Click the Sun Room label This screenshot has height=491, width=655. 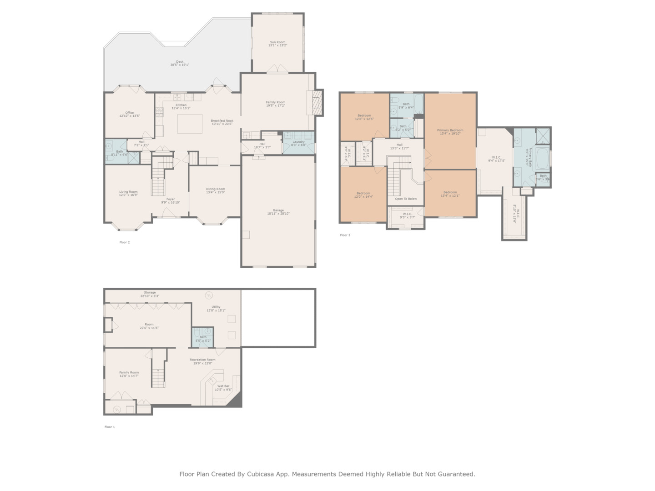coord(277,42)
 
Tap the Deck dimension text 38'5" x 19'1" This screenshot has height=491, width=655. coord(180,65)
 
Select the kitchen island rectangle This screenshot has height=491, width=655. coord(190,124)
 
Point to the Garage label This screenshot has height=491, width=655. coord(278,210)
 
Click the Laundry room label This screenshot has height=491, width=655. coord(298,142)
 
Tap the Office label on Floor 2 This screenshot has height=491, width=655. coord(130,113)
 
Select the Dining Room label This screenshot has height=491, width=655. coord(215,189)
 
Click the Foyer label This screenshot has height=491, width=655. coord(171,199)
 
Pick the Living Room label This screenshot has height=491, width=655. coord(128,192)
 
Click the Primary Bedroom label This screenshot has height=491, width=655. coord(450,130)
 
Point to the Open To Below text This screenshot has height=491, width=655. coord(406,199)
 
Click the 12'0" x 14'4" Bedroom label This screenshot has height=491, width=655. coord(363,193)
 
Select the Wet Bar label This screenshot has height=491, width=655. coord(223,386)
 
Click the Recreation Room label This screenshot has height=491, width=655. coord(202,360)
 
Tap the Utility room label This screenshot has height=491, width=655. coord(216,307)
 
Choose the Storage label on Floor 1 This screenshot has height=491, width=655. coord(150,292)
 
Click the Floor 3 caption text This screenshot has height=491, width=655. coord(345,235)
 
